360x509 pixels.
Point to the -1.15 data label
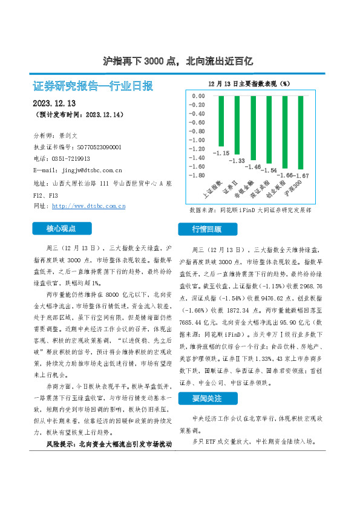(x=221, y=153)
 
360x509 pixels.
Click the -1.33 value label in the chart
(x=237, y=160)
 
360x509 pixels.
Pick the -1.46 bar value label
(x=254, y=166)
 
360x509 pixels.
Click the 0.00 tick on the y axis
(x=198, y=96)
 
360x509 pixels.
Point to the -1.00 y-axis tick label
(x=197, y=140)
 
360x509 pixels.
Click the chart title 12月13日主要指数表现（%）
(x=249, y=83)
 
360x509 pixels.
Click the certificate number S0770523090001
(x=99, y=147)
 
